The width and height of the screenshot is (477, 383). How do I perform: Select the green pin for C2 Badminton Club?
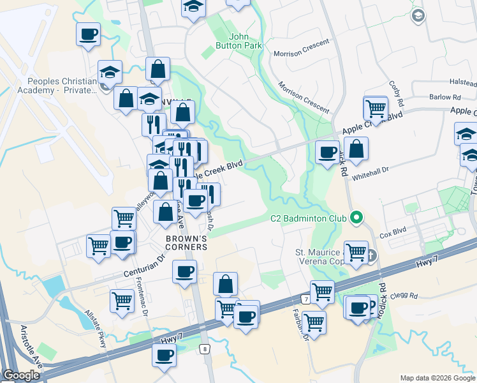356,218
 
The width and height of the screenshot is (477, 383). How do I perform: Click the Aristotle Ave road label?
31,347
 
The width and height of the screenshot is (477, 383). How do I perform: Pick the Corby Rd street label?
397,93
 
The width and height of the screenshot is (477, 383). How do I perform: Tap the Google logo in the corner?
22,375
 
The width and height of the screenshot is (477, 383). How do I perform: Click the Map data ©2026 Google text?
437,378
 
